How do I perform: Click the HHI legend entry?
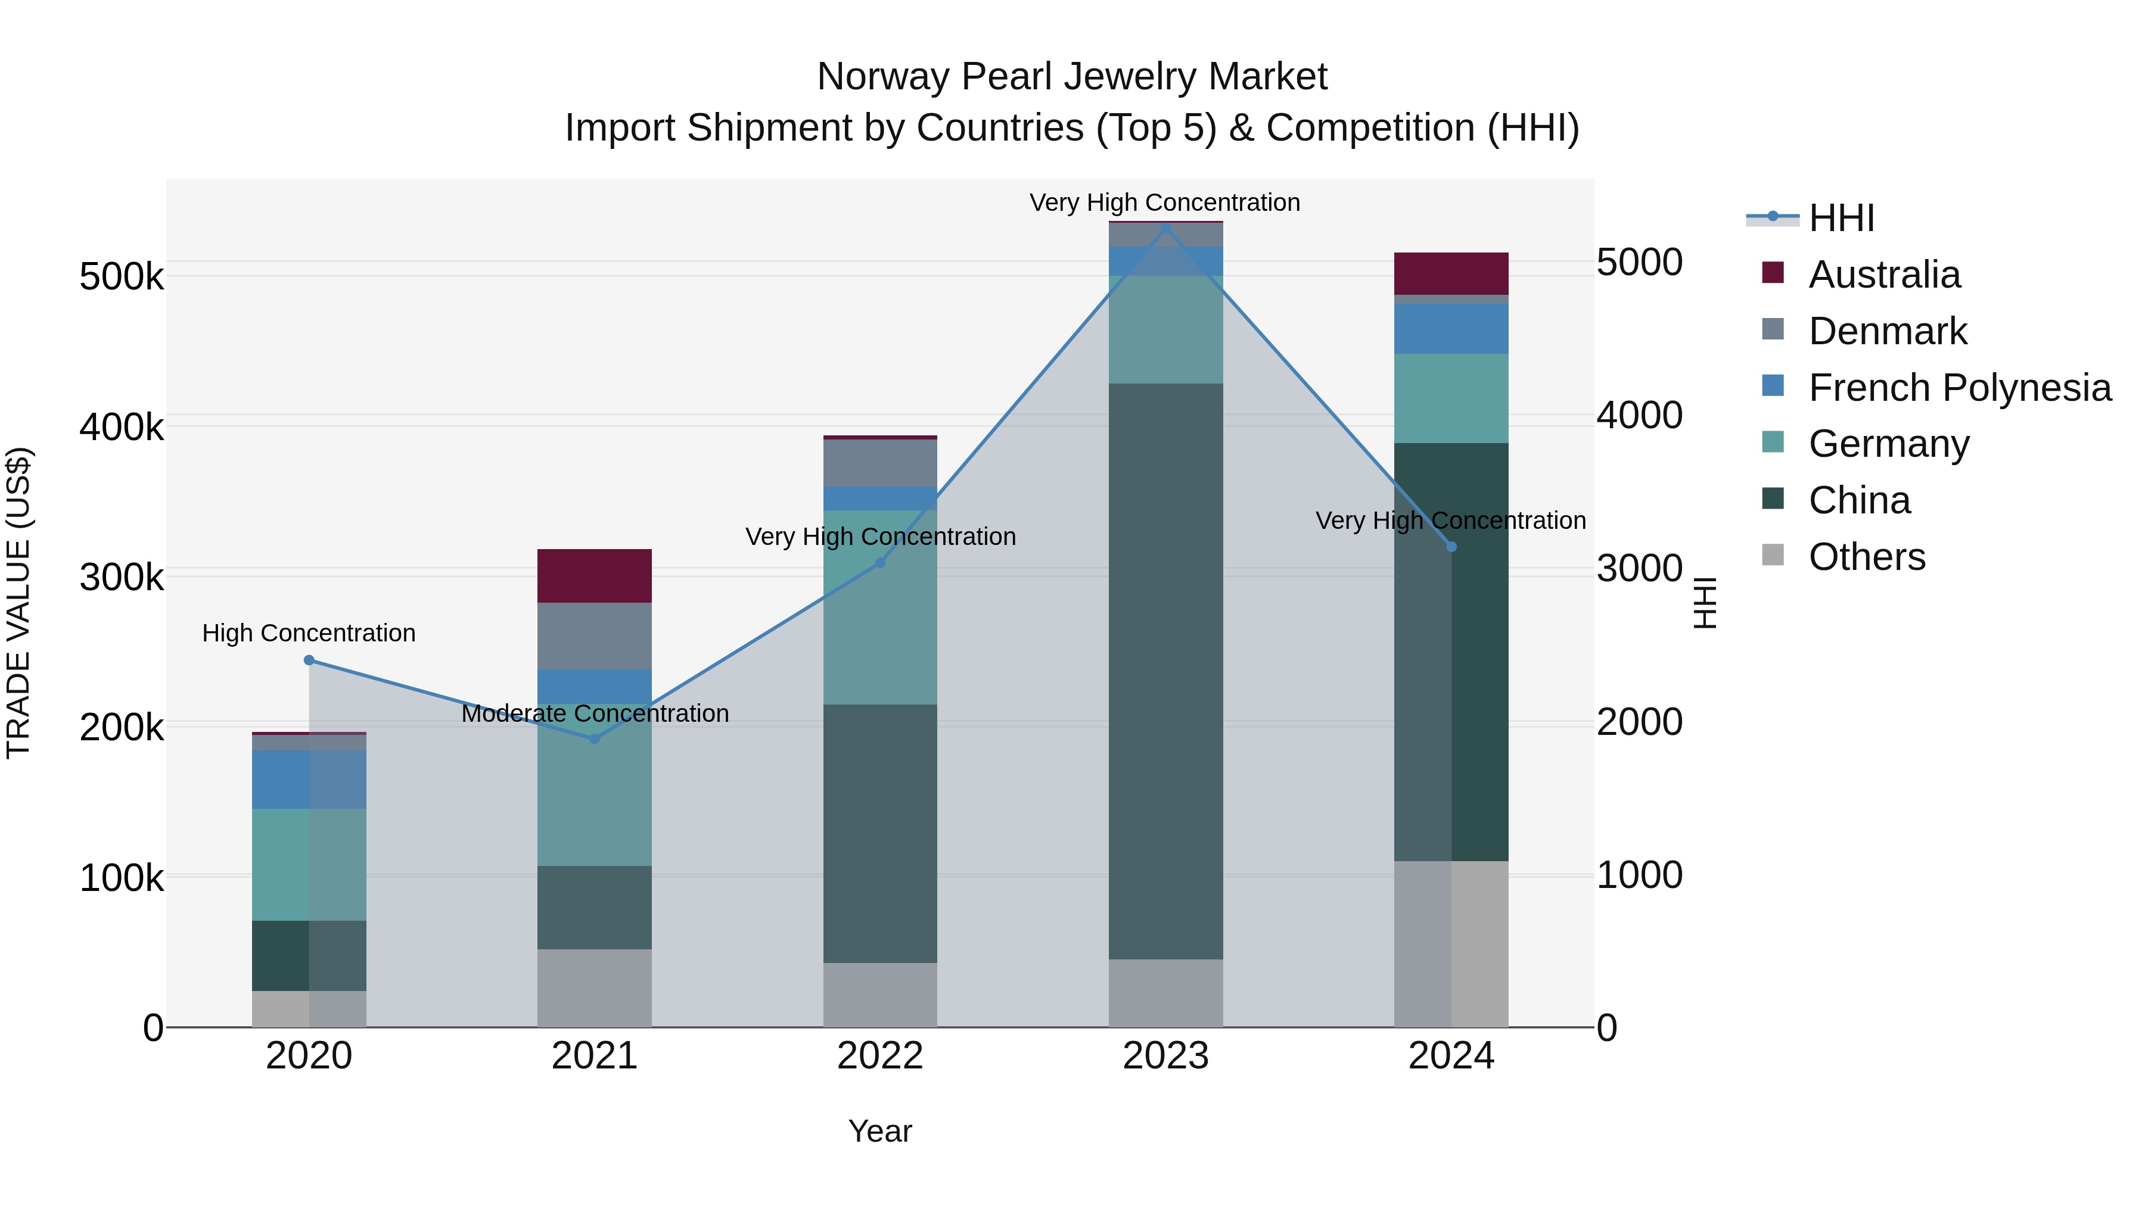1841,218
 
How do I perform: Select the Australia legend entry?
1883,275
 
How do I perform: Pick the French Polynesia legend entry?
1959,388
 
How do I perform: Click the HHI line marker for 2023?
1166,228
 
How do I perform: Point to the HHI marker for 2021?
595,738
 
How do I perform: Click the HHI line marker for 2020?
309,660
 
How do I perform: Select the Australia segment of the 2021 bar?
595,576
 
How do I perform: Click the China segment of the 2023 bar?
1166,671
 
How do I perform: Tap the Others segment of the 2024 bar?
1451,944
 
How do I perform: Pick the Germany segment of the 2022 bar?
880,607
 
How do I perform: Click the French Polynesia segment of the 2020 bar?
309,780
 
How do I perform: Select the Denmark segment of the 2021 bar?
595,636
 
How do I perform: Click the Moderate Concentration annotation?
595,714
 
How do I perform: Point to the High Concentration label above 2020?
309,634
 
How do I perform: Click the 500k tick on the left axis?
122,276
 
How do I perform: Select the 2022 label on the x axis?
880,1056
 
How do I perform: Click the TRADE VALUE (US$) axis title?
18,603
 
